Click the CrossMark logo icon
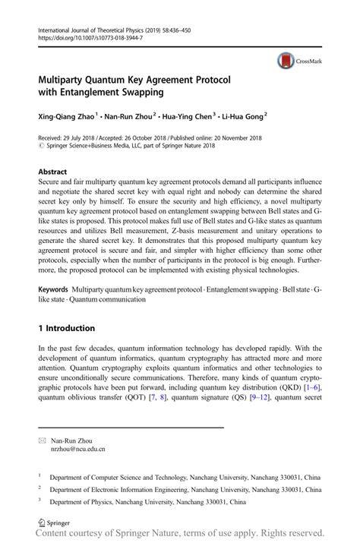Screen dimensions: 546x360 (x=285, y=61)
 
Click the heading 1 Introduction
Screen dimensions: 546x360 (x=67, y=328)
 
